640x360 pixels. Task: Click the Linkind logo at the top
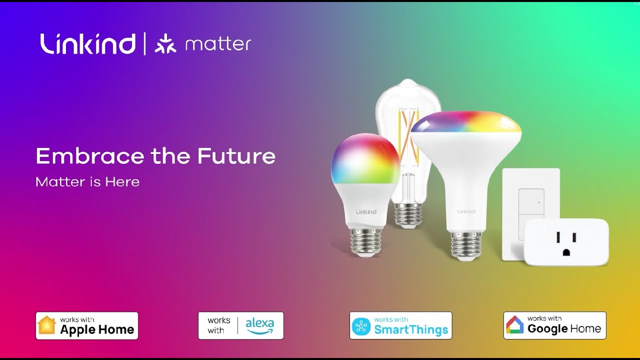pos(88,43)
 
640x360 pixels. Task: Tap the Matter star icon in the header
pos(165,44)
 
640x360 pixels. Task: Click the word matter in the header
pos(218,44)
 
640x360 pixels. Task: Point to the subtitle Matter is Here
pos(87,182)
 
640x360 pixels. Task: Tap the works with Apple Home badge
pos(87,325)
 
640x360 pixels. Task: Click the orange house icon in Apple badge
pos(47,325)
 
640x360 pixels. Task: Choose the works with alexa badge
pos(240,325)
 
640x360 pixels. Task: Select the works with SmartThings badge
pos(400,325)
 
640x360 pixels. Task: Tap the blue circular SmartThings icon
pos(361,326)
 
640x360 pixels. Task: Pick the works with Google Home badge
pos(554,325)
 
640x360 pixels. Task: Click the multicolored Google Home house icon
pos(515,325)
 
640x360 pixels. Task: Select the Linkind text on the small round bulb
pos(366,212)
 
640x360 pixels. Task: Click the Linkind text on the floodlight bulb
pos(465,211)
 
